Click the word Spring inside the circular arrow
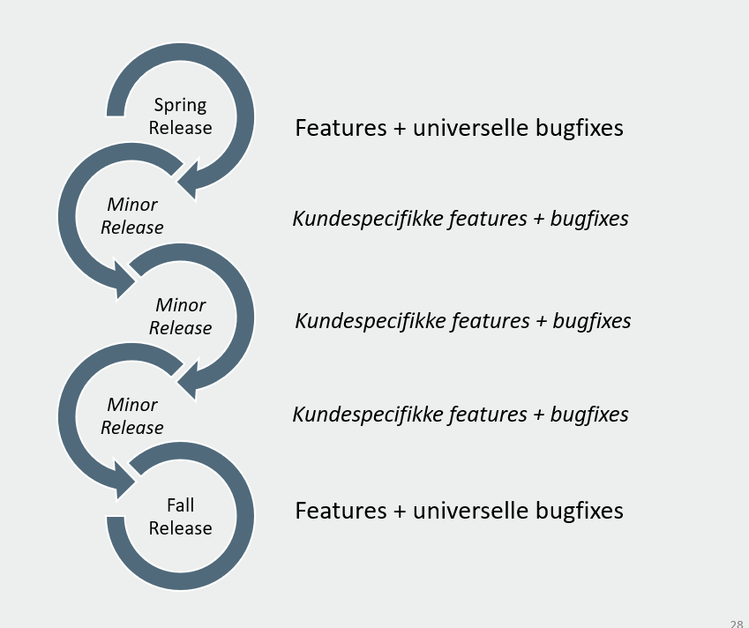[180, 105]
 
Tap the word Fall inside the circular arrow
[180, 505]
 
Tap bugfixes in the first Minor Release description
[589, 218]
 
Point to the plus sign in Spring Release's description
[401, 129]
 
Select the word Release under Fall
[180, 528]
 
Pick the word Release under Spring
[180, 128]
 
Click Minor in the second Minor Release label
[181, 305]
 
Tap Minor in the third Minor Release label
[132, 405]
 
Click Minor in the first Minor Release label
[132, 205]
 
